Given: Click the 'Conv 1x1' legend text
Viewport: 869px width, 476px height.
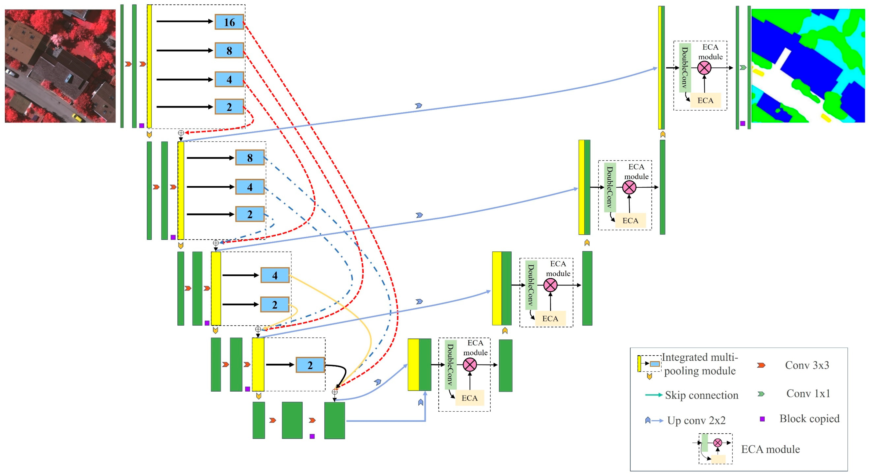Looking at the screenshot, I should click(x=808, y=393).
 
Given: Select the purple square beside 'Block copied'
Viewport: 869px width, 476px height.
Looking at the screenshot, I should click(x=762, y=419).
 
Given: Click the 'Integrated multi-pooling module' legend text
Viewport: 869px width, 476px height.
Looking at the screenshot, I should click(x=700, y=364).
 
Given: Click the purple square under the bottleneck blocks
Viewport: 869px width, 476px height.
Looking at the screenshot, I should click(x=312, y=436).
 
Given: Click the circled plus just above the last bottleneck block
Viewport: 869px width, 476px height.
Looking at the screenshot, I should click(x=335, y=392).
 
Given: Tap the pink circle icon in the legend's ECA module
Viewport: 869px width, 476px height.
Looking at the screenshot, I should click(x=717, y=443).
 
